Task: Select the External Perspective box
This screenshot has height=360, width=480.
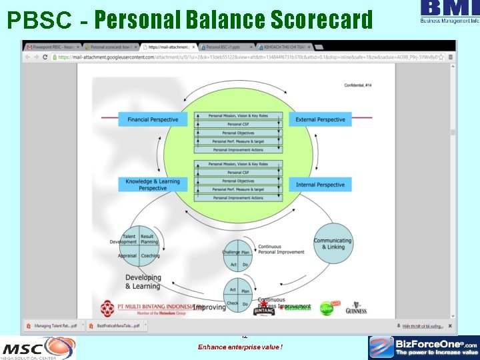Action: click(320, 120)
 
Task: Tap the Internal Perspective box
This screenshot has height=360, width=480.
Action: click(320, 185)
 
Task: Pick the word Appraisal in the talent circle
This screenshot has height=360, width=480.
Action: click(127, 255)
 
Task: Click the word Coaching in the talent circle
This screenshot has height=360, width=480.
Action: click(149, 255)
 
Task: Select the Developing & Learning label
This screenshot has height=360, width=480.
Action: click(143, 282)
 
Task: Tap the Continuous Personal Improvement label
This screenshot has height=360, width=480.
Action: click(281, 249)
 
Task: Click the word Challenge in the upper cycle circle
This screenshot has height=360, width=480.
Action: click(230, 253)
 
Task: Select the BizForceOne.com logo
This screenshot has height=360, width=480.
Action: click(424, 347)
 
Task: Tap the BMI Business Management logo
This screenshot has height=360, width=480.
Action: click(449, 11)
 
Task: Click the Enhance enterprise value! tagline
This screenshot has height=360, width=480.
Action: click(240, 347)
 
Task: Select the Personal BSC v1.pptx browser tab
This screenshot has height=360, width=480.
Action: click(227, 47)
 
